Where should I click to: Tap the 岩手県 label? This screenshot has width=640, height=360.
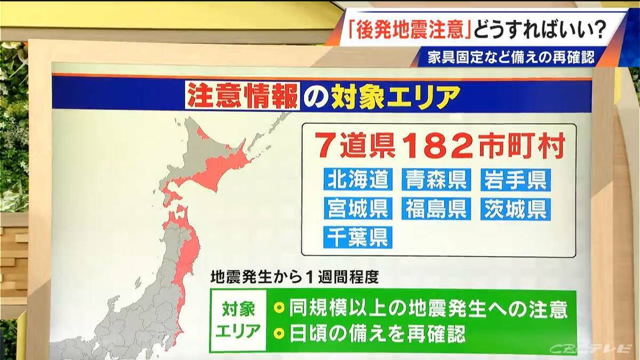pos(515,180)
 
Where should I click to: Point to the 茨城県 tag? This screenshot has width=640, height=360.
pos(515,209)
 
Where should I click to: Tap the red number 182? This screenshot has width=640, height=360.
pos(437,146)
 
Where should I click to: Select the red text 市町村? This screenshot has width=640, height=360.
pos(521,146)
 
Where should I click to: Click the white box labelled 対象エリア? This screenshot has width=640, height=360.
pos(238,321)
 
